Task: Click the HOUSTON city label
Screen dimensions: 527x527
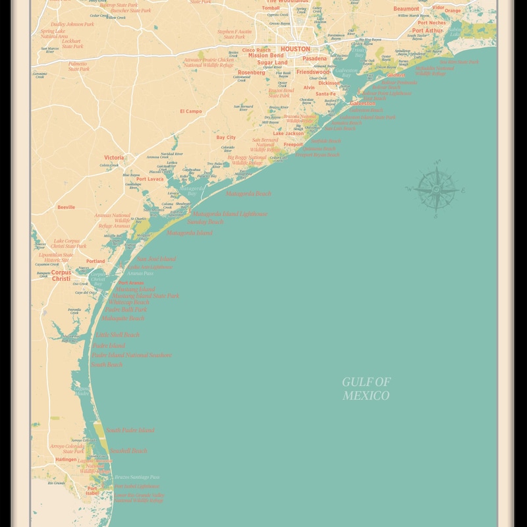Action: click(x=295, y=49)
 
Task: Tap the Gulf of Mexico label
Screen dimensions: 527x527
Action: click(x=366, y=389)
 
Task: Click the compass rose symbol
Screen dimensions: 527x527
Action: click(x=436, y=189)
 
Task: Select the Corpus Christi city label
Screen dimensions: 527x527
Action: click(x=61, y=275)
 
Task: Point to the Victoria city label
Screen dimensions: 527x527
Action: click(x=113, y=157)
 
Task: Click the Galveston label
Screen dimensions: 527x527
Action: click(x=363, y=103)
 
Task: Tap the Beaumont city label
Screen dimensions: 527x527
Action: click(x=406, y=9)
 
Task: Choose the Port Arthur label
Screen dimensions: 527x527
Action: click(x=428, y=30)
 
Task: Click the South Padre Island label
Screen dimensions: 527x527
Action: click(x=130, y=430)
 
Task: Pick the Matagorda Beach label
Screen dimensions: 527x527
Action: click(x=248, y=194)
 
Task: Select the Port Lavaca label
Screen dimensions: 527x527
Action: click(x=150, y=179)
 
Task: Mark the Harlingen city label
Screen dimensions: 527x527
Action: click(x=66, y=459)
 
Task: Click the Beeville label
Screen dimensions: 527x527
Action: click(x=66, y=207)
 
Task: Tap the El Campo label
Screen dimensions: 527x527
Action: click(x=191, y=111)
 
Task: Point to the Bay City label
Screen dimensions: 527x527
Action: click(x=226, y=138)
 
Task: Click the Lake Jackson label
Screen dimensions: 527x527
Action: click(x=289, y=134)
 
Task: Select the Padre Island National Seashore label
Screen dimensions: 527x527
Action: click(x=131, y=355)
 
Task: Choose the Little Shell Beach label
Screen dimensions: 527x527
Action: click(x=118, y=335)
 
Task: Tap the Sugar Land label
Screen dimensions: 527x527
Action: click(x=272, y=63)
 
